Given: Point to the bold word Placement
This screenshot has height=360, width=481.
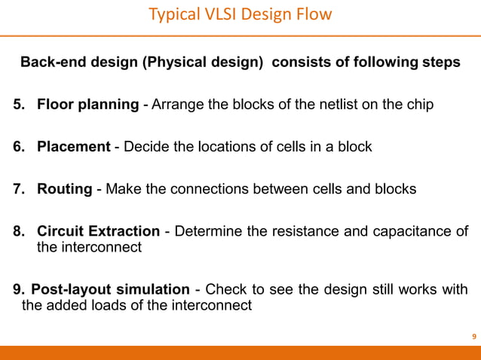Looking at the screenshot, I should tap(73, 147).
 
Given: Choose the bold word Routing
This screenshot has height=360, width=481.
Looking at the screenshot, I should tap(65, 189).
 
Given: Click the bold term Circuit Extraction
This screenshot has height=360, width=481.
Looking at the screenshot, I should tap(98, 231).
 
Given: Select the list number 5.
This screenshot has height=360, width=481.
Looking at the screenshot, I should tap(17, 105).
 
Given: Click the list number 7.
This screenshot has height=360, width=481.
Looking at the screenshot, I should tap(17, 189).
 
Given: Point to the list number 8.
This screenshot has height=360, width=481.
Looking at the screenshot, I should tap(17, 231).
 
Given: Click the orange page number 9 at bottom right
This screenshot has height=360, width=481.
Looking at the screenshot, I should tap(473, 336).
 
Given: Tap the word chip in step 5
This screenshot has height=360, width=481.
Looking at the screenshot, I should tap(419, 105).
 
